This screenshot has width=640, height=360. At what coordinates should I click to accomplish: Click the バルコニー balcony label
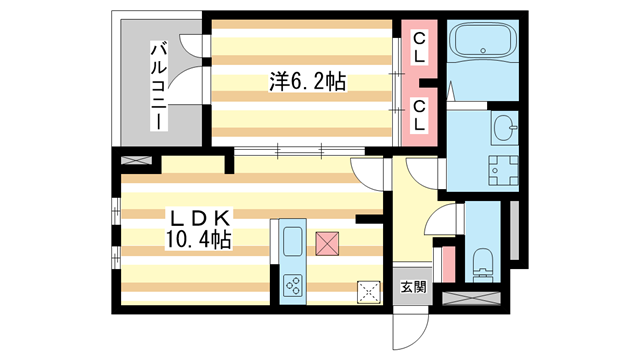(158, 85)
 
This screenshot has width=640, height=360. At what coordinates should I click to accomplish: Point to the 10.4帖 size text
(199, 240)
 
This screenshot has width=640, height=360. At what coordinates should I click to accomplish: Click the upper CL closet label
(420, 47)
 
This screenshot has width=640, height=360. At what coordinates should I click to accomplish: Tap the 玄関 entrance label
(413, 287)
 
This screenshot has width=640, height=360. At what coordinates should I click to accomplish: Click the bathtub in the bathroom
(481, 43)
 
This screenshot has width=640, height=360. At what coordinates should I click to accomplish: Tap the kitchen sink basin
(293, 241)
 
